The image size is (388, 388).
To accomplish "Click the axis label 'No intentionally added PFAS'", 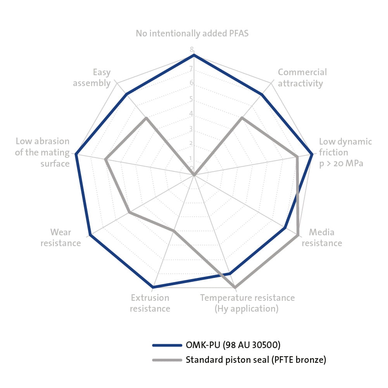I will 192,33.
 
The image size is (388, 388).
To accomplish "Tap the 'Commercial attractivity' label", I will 302,78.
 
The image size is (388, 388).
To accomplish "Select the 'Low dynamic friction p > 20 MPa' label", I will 345,152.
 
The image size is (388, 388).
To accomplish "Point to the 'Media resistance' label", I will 322,238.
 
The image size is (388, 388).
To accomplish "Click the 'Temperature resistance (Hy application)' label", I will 247,303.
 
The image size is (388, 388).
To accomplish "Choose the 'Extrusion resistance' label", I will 150,303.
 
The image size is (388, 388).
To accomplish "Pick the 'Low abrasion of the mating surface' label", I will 42,152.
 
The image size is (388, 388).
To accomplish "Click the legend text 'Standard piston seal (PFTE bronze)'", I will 256,360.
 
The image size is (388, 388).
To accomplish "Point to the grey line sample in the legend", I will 167,360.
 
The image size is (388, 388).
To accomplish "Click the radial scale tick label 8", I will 191,50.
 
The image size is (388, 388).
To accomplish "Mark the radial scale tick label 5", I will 191,99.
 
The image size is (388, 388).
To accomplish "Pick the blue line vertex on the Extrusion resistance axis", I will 153,287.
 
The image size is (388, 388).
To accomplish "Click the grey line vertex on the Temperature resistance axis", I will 235,287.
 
